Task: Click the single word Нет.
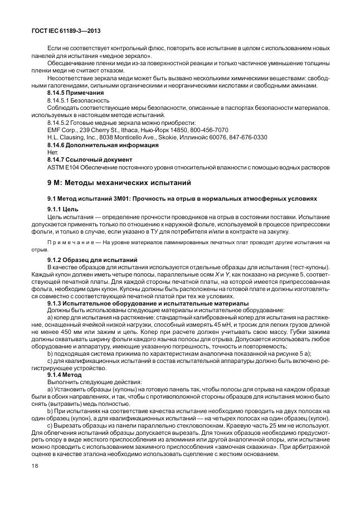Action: pos(52,152)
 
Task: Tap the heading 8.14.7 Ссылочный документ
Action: pos(90,159)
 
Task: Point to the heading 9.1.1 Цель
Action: pos(66,209)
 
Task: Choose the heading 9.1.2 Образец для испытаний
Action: pos(94,259)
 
